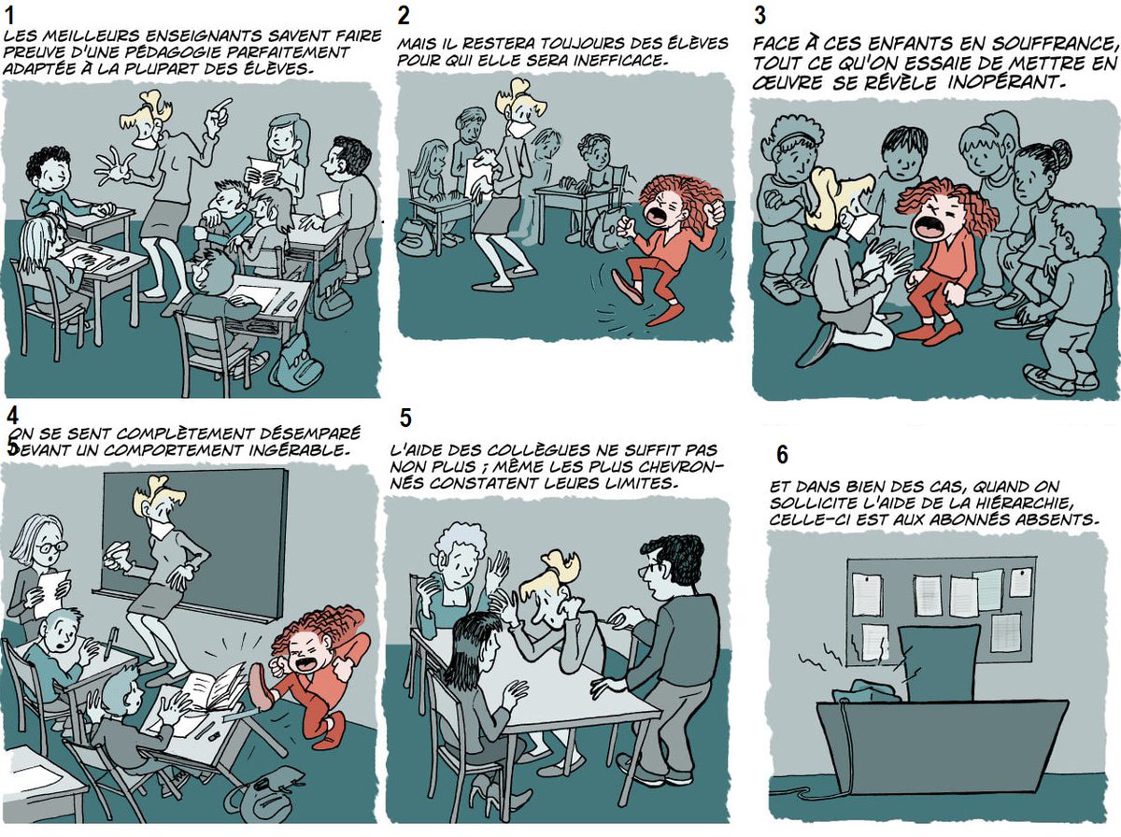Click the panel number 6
click(782, 454)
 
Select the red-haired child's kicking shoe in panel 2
click(625, 286)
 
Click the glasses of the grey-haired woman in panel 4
click(51, 546)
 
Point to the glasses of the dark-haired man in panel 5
click(650, 567)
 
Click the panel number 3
click(759, 16)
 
